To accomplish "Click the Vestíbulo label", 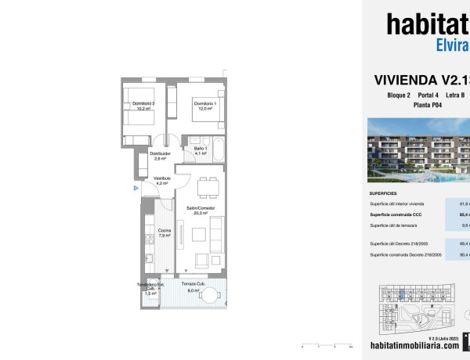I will [162, 181].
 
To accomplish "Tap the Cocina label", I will [164, 232].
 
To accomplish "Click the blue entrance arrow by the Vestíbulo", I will [136, 188].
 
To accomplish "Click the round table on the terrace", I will [209, 295].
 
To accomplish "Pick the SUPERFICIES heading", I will [383, 193].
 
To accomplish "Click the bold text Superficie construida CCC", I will [402, 214].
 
